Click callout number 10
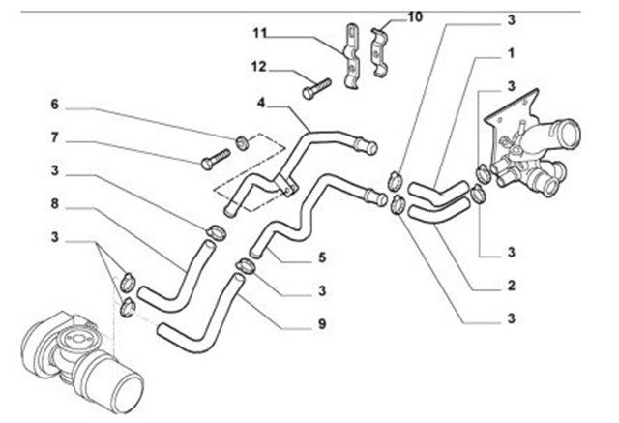click(415, 17)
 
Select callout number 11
click(259, 35)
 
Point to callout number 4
click(261, 102)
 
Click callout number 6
click(55, 103)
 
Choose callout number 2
click(510, 287)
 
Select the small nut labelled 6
click(242, 143)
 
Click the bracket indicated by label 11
click(349, 60)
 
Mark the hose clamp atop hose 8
click(215, 231)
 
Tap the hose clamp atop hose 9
click(246, 266)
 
